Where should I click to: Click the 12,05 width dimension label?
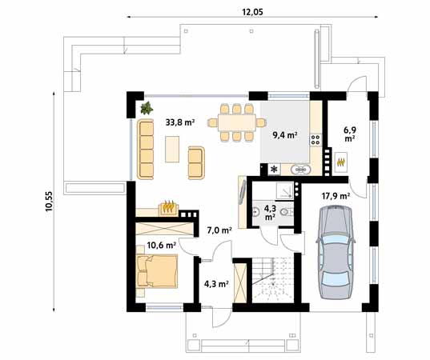point(252,12)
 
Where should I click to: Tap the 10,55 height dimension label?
point(49,201)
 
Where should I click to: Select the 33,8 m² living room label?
point(180,122)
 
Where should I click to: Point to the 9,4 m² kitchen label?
point(285,134)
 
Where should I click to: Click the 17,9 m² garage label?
point(336,196)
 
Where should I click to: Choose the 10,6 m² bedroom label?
point(161,245)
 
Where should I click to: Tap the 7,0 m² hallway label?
point(219,230)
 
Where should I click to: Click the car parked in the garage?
point(336,252)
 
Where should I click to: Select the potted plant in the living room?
point(147,108)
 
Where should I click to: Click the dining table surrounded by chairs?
point(237,122)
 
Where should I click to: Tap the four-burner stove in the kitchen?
point(315,140)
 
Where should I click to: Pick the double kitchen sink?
point(301,170)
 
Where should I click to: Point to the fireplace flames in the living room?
point(169,206)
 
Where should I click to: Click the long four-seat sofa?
point(146,150)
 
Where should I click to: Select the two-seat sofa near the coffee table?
point(196,163)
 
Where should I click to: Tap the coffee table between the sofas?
point(172,149)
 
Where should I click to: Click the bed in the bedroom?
point(157,271)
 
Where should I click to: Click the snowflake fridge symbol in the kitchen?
point(274,170)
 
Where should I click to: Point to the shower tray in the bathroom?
point(284,190)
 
